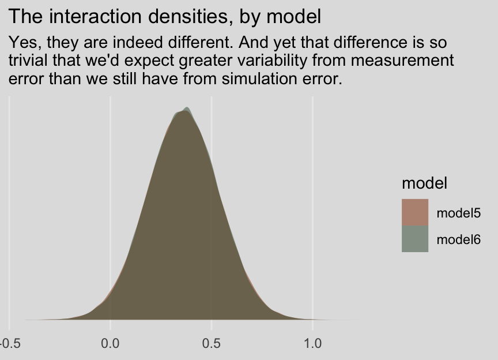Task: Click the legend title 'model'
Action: [x=425, y=183]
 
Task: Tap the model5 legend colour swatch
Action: [x=415, y=212]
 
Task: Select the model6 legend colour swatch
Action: [x=415, y=239]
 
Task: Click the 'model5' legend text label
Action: [x=459, y=213]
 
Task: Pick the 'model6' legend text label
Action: [x=459, y=239]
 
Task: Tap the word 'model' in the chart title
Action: [x=297, y=17]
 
